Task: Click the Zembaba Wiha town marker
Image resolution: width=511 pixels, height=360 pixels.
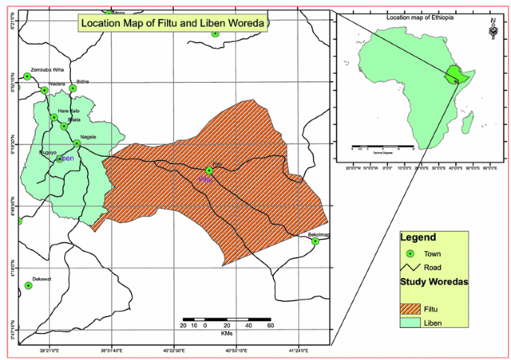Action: tap(28, 76)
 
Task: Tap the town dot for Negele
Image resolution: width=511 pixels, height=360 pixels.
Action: tap(77, 143)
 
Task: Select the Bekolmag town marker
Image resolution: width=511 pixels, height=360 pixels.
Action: tap(316, 241)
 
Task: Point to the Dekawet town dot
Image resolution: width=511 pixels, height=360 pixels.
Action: tap(29, 285)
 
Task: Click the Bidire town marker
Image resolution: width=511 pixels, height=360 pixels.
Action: tap(73, 88)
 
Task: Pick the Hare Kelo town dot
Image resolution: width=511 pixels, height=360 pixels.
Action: tap(54, 117)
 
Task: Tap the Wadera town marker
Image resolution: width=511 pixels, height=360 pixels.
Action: tap(45, 91)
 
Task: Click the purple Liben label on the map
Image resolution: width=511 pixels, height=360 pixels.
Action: tap(66, 159)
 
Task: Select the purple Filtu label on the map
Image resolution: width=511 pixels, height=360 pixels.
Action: tap(206, 179)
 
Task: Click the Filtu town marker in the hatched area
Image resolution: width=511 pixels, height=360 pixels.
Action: tap(210, 170)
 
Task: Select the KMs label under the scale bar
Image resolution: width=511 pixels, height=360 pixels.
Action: tap(228, 333)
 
